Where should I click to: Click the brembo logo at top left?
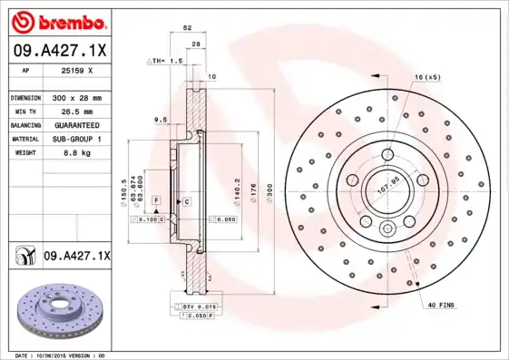coord(56,20)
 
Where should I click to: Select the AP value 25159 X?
coord(75,70)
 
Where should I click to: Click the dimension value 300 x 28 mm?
coord(75,97)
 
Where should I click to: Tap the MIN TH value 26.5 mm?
coord(75,111)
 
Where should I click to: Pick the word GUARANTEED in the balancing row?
coord(75,124)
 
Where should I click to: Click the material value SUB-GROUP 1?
coord(75,139)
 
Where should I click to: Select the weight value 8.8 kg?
coord(75,153)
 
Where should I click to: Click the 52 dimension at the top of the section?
coord(187,29)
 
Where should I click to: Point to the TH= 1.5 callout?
coord(168,60)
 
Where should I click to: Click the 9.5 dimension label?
coord(160,119)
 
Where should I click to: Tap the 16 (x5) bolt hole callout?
coord(428,78)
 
